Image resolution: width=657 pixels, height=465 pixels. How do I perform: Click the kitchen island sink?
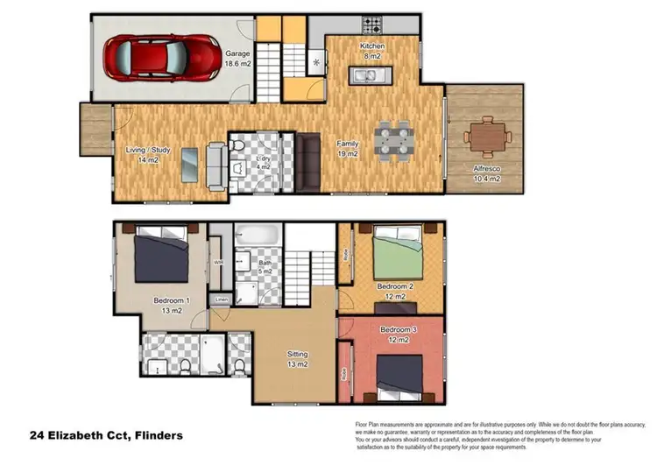pyautogui.click(x=364, y=78)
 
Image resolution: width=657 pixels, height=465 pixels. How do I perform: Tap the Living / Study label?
pyautogui.click(x=141, y=155)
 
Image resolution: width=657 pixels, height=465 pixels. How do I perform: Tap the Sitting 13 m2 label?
pyautogui.click(x=297, y=359)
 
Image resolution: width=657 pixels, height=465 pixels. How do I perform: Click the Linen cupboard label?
pyautogui.click(x=222, y=300)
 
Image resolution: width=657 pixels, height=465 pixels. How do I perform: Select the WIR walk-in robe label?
pyautogui.click(x=219, y=262)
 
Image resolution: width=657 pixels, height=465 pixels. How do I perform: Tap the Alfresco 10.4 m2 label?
pyautogui.click(x=486, y=173)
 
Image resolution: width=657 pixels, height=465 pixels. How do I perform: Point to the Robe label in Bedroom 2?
pyautogui.click(x=347, y=257)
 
